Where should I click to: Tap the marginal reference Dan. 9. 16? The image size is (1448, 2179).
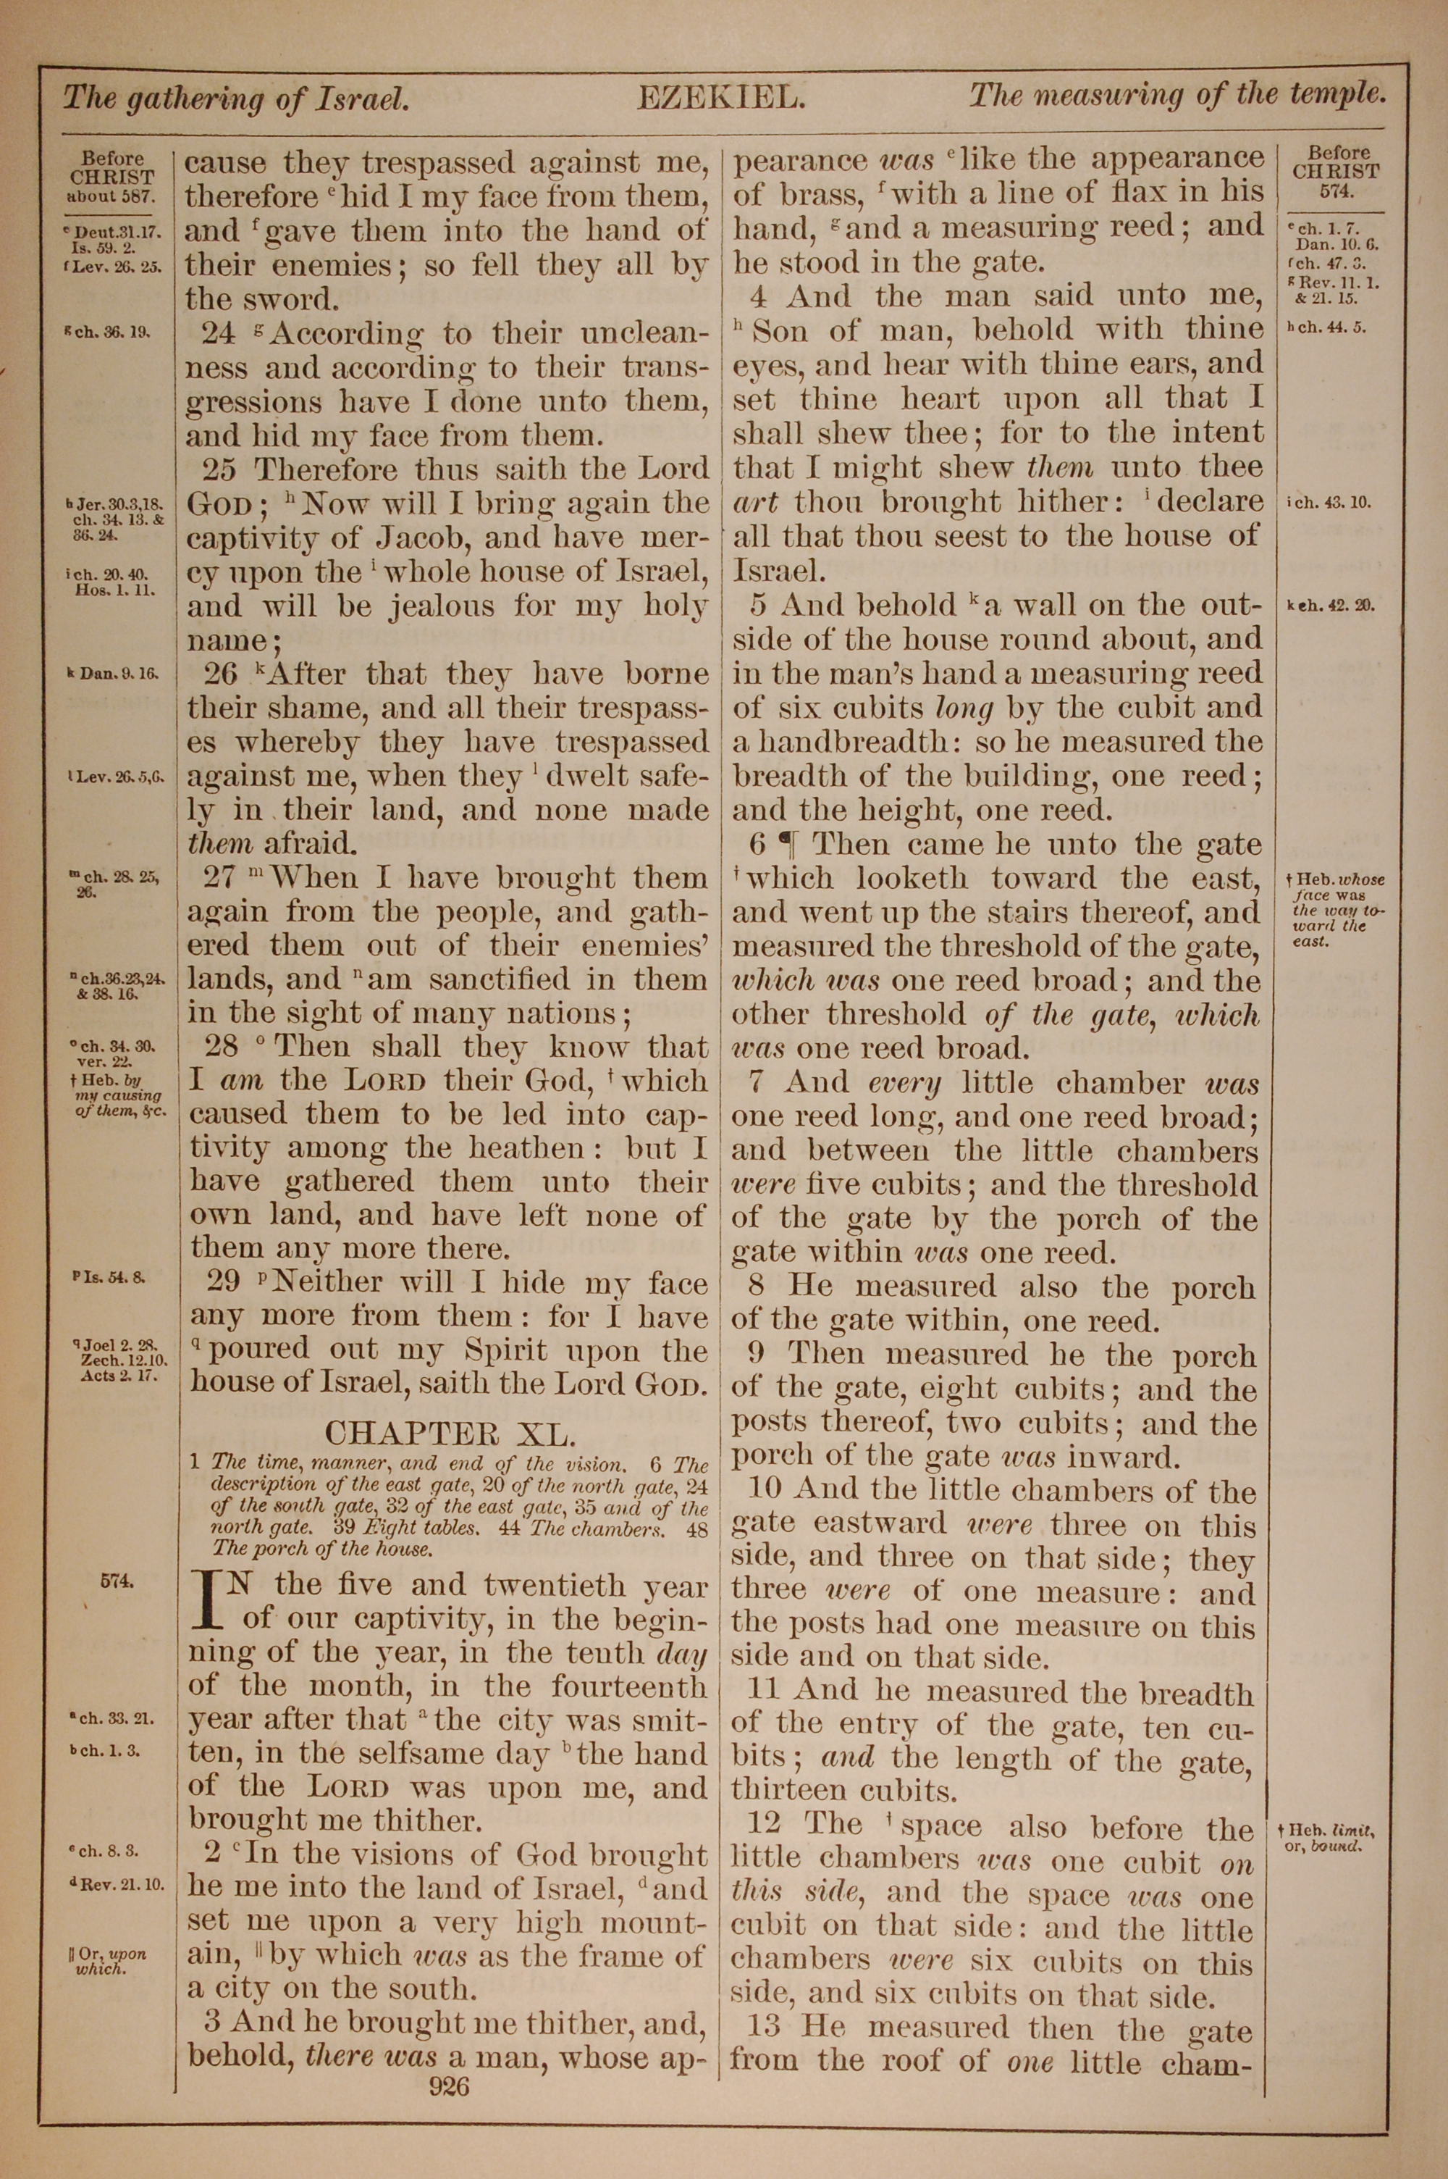pos(114,674)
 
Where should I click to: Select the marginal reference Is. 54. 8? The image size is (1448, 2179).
pos(114,1279)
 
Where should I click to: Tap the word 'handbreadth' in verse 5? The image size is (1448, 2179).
pos(844,742)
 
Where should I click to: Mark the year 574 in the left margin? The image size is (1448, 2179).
pos(117,1581)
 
